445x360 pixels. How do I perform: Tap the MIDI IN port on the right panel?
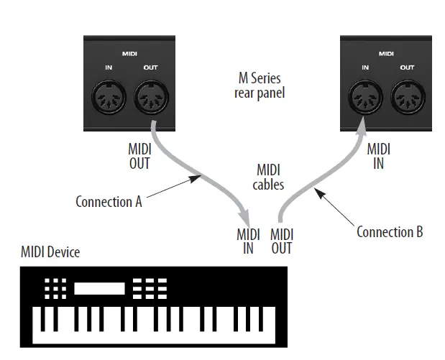click(x=364, y=98)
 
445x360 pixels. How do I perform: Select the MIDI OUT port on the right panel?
click(x=406, y=98)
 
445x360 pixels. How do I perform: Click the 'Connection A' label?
click(x=109, y=201)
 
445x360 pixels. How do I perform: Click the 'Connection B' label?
click(x=390, y=231)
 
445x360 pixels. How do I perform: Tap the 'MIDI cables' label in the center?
click(x=270, y=177)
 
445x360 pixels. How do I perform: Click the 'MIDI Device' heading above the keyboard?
click(x=50, y=252)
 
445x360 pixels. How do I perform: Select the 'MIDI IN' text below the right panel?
click(x=378, y=156)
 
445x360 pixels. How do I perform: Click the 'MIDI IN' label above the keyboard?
click(x=248, y=241)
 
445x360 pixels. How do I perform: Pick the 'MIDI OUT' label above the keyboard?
click(x=282, y=241)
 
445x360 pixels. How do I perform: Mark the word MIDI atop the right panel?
click(x=386, y=53)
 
